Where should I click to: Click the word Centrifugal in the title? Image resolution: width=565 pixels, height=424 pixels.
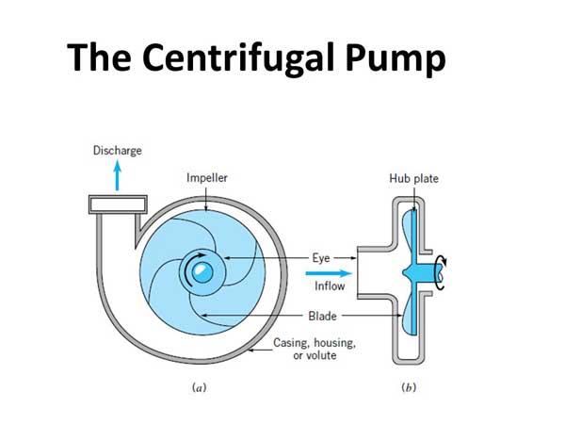click(x=238, y=57)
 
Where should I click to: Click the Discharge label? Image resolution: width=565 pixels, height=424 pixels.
click(x=118, y=151)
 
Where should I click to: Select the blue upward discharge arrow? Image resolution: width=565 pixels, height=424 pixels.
click(x=117, y=175)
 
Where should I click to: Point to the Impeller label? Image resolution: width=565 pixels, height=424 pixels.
click(x=207, y=178)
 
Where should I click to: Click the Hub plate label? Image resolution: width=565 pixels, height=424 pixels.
click(x=413, y=178)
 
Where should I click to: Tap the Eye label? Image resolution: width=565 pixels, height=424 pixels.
click(x=321, y=258)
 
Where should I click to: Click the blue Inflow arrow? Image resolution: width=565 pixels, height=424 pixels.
click(x=329, y=273)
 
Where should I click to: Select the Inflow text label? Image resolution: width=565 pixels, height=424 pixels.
click(x=330, y=285)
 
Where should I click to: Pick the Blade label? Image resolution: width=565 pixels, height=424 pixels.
click(x=322, y=316)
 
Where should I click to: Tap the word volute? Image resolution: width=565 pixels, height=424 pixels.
click(x=320, y=355)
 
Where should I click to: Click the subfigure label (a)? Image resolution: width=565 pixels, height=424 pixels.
click(x=200, y=387)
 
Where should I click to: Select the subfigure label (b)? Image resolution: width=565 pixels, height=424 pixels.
click(x=409, y=387)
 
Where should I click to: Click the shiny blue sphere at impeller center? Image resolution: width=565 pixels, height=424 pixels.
click(x=202, y=272)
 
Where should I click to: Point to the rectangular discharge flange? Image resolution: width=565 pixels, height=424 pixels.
click(x=118, y=204)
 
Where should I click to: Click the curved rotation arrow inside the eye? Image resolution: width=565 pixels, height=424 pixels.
click(x=186, y=267)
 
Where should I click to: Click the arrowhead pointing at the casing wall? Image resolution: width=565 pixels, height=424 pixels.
click(x=251, y=350)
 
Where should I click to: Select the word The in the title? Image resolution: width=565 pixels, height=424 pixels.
click(x=99, y=57)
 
